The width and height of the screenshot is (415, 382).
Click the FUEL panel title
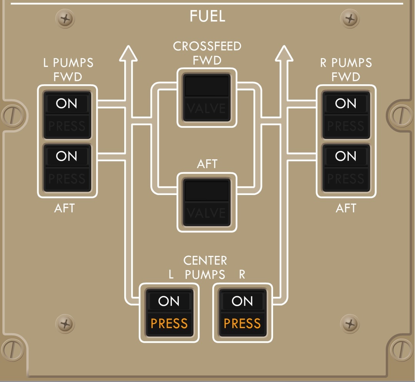(x=207, y=17)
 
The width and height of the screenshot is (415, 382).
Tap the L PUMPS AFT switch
(x=67, y=168)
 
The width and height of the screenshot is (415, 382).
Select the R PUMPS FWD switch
(x=346, y=115)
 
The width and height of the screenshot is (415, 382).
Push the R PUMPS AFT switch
(x=346, y=168)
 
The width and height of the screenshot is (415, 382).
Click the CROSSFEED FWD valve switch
(x=207, y=98)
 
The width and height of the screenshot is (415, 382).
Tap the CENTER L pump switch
(x=169, y=312)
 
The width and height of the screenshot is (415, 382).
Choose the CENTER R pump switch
(x=242, y=312)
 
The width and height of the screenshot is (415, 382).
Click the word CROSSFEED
(x=207, y=47)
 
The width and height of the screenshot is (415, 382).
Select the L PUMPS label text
(x=68, y=63)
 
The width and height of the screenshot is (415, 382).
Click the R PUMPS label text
(x=346, y=63)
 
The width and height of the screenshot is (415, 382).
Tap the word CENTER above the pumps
(x=205, y=260)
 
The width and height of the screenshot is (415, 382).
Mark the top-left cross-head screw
(x=65, y=18)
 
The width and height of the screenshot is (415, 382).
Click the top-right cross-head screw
(x=350, y=18)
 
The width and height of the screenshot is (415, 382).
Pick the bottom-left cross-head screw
(x=65, y=323)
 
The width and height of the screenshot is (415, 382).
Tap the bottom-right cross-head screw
(x=350, y=323)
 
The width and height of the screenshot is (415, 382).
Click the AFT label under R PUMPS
(x=346, y=208)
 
